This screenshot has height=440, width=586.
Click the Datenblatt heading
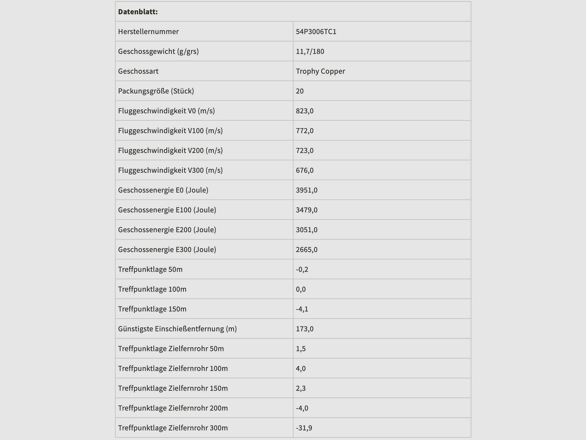[x=138, y=12]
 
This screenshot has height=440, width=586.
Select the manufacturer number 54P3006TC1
[x=316, y=32]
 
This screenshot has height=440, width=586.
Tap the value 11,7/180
[x=310, y=51]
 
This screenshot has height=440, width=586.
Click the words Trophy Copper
[x=320, y=71]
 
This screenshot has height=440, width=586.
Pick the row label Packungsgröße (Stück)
[x=156, y=91]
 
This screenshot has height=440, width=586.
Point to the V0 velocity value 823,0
[x=304, y=111]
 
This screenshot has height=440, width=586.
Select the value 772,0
[x=304, y=131]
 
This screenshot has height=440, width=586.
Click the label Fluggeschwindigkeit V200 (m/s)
[x=170, y=150]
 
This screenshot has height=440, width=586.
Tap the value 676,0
[x=304, y=170]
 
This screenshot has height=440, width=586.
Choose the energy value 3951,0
[x=307, y=190]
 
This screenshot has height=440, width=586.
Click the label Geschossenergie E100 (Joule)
[x=167, y=210]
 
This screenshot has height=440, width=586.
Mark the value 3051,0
[x=307, y=230]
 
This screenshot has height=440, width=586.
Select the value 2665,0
[x=307, y=249]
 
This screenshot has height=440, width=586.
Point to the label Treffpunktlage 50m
[x=150, y=269]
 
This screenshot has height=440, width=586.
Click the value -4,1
[x=302, y=309]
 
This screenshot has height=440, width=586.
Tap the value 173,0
[x=304, y=329]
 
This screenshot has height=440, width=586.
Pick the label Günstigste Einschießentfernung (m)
[x=177, y=329]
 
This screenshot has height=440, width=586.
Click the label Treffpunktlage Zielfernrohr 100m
[x=173, y=368]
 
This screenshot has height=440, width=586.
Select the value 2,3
[x=301, y=388]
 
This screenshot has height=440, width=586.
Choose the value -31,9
[x=304, y=428]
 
